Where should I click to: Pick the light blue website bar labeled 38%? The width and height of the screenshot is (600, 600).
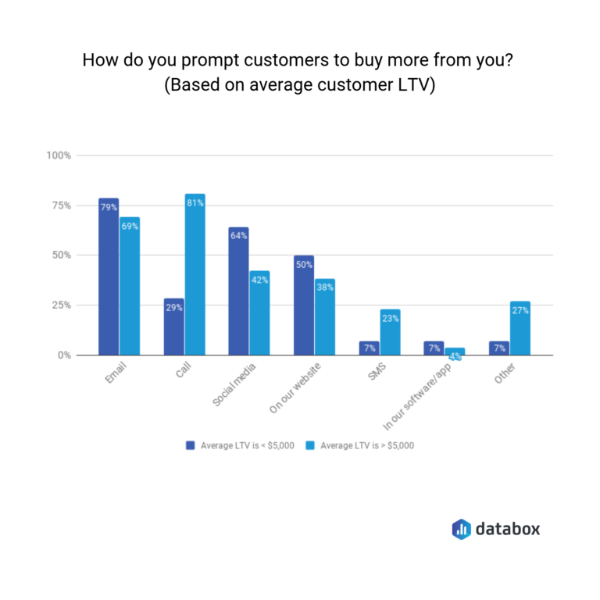tap(324, 317)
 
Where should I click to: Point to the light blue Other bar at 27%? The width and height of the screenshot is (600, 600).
tap(520, 328)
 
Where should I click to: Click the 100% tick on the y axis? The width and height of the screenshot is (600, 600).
tap(59, 155)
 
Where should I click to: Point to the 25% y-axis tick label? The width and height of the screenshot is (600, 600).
tap(62, 305)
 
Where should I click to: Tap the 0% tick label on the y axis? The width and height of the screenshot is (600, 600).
tap(65, 355)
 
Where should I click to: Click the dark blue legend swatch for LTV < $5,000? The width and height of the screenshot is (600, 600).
tap(190, 445)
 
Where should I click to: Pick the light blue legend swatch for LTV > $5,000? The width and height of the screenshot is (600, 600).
tap(310, 445)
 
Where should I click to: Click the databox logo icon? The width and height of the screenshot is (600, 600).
tap(461, 529)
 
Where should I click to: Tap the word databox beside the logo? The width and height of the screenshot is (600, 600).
tap(508, 529)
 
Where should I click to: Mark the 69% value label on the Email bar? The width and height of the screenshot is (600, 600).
tap(130, 227)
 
